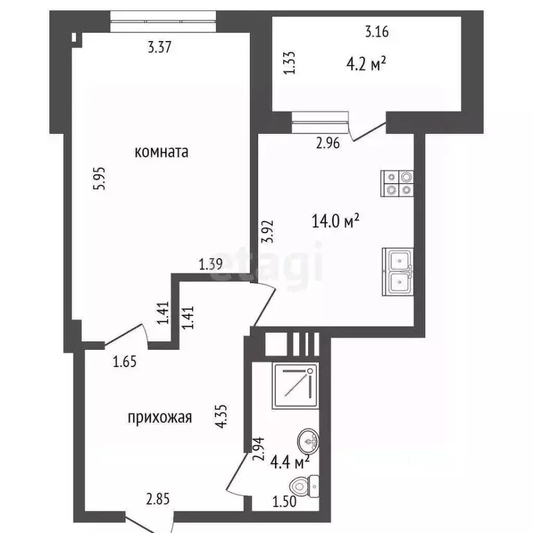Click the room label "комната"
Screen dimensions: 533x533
tap(162, 152)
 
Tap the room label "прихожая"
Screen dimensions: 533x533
tap(159, 417)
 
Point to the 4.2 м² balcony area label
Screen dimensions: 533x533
tap(366, 64)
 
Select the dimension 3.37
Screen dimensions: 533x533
tap(159, 48)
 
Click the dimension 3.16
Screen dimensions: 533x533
tap(376, 31)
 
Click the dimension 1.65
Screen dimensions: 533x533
tap(125, 360)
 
